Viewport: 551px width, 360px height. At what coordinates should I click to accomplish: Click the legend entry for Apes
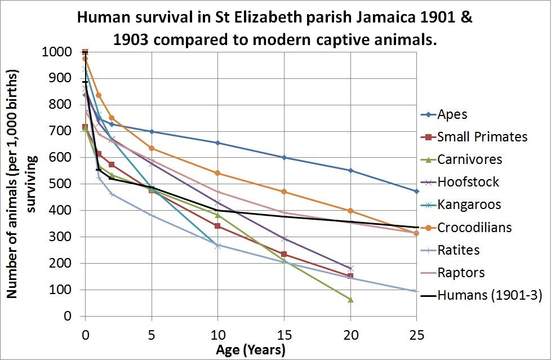452,114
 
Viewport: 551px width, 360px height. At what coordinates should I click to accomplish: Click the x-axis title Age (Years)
251,350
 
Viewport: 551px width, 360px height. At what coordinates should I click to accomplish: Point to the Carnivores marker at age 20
350,299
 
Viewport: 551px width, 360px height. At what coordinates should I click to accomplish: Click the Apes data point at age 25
416,191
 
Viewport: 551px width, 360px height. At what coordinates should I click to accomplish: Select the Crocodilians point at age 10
218,173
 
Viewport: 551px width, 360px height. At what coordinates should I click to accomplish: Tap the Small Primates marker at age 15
284,254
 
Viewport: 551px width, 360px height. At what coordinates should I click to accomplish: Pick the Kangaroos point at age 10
218,245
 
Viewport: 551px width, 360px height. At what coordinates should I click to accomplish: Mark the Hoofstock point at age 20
350,268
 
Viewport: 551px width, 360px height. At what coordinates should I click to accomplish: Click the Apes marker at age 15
284,158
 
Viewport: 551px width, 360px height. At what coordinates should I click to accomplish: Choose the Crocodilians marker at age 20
350,211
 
